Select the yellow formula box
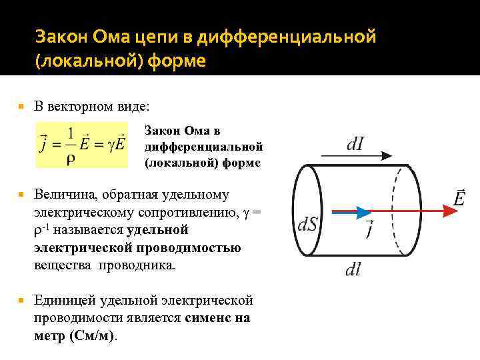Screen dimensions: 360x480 pyautogui.click(x=82, y=144)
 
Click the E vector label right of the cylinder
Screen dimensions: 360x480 pyautogui.click(x=459, y=198)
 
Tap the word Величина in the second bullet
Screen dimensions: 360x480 pyautogui.click(x=65, y=195)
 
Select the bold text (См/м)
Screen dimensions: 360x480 pyautogui.click(x=92, y=335)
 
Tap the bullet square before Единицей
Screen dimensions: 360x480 pyautogui.click(x=23, y=301)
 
